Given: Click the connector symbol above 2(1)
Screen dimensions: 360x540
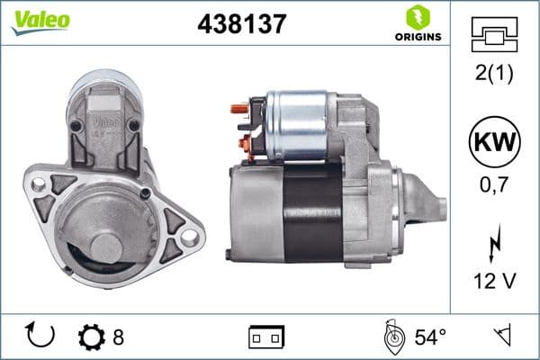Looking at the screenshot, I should pos(495,38).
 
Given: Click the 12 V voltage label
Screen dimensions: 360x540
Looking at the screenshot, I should pos(495,282).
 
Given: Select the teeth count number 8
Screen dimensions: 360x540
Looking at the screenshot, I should pos(118,337).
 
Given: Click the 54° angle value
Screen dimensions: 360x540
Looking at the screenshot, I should pos(430,337).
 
